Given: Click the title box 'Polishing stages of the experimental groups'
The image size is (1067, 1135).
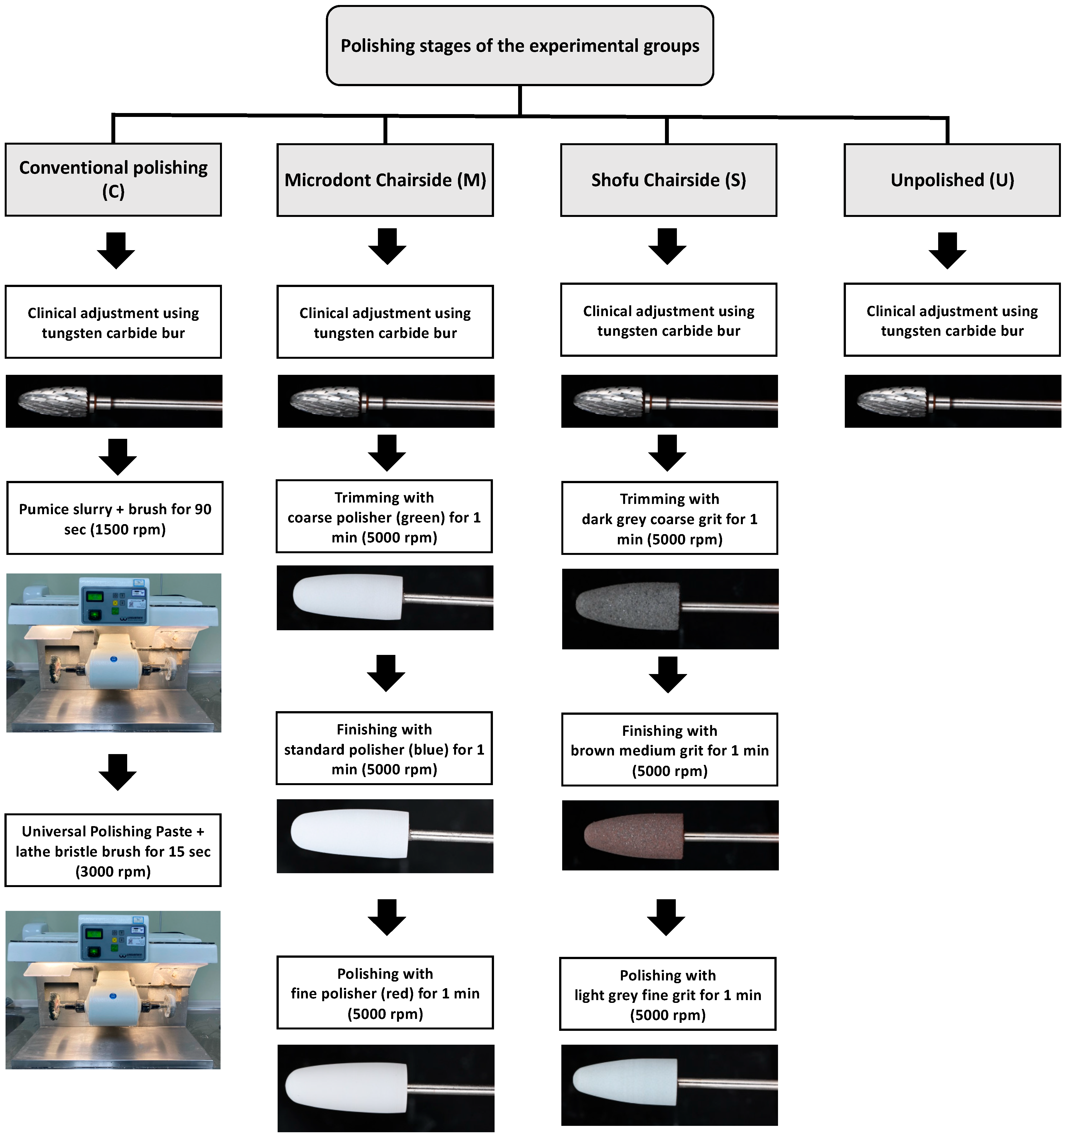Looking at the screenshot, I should tap(520, 46).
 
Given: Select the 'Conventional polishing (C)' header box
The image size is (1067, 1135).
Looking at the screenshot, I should tap(113, 179).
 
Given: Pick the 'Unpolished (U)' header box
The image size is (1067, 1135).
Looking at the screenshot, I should tap(952, 180).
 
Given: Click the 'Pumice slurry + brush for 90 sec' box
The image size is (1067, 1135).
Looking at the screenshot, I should tap(115, 518).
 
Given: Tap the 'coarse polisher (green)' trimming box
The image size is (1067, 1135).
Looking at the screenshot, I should tap(384, 517).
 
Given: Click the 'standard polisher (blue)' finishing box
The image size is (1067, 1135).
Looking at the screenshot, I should tap(384, 749).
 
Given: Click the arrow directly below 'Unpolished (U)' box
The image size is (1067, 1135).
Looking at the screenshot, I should tap(947, 250).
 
